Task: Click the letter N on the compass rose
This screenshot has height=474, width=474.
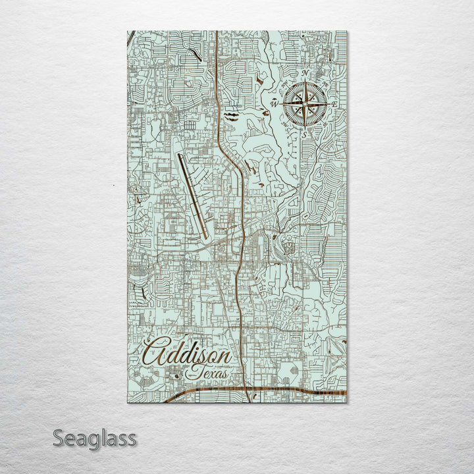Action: (304, 74)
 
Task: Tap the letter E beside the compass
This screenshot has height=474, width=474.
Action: (334, 105)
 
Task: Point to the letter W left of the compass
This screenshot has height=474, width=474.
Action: (274, 103)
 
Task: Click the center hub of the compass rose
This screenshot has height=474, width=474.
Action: (304, 103)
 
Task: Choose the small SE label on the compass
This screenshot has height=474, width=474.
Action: (323, 122)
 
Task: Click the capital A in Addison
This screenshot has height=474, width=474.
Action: (153, 354)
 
